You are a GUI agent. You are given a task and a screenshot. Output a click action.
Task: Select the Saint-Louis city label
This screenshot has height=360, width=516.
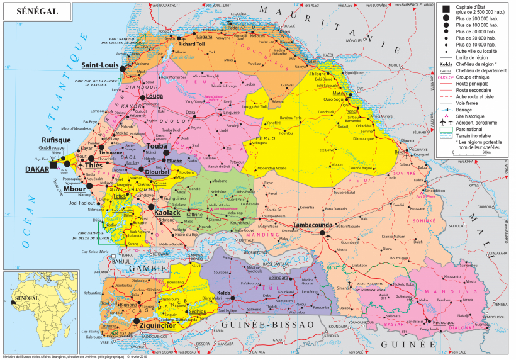coord(99,64)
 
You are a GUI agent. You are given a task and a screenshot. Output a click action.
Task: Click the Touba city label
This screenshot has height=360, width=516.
coord(158,145)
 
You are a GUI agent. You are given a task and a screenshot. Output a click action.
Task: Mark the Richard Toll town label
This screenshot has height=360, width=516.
coord(191,45)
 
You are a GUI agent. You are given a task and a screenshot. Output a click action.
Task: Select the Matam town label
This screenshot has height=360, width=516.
coord(340,93)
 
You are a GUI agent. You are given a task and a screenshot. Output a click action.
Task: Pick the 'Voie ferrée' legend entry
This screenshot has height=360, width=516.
coord(469,102)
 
